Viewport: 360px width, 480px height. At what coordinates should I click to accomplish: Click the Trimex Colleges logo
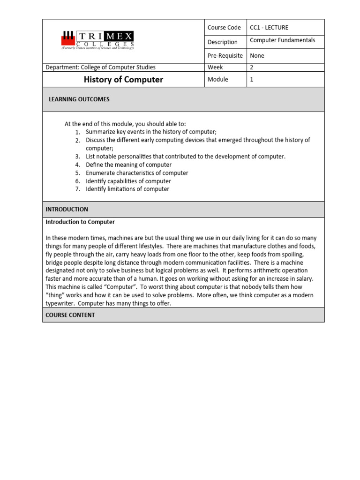tap(97, 40)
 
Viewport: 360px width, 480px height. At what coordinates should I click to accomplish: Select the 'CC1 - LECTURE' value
tap(269, 28)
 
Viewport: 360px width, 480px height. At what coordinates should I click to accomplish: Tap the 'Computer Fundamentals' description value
tap(282, 40)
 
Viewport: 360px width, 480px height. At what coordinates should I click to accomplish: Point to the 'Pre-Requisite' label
tap(225, 55)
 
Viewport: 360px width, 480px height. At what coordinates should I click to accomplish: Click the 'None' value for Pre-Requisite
tap(257, 55)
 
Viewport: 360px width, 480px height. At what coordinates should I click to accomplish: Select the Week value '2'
tap(252, 67)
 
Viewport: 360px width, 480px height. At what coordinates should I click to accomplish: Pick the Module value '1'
tap(252, 79)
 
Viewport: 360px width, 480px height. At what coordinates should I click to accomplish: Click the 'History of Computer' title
tap(123, 79)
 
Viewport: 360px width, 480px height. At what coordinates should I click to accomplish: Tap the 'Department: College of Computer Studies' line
tap(100, 67)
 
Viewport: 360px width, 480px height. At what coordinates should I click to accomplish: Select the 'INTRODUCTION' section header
tap(67, 209)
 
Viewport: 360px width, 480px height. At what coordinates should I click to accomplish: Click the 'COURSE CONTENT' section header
tap(70, 315)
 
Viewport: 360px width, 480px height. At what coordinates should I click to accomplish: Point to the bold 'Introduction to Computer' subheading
tap(80, 222)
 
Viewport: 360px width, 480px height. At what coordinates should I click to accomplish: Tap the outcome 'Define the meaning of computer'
tap(128, 165)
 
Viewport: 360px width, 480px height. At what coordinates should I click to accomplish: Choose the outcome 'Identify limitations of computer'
tap(127, 189)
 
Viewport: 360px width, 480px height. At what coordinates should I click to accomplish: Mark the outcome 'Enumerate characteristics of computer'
tap(137, 173)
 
